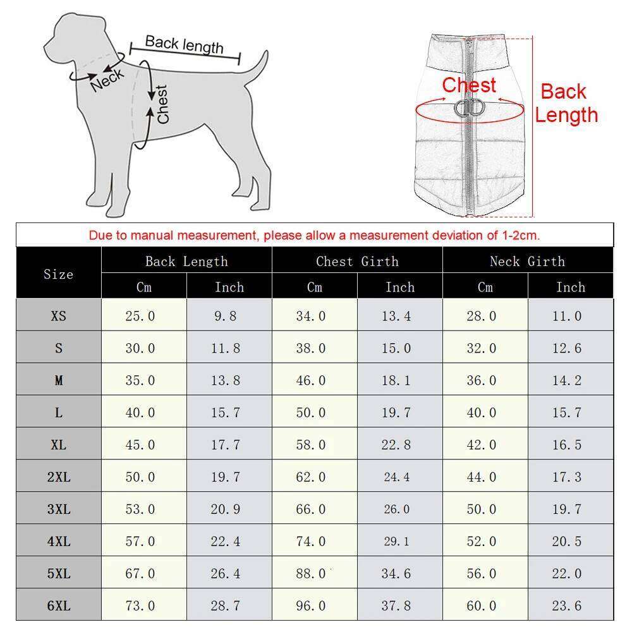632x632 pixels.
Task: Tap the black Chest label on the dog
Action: coord(162,104)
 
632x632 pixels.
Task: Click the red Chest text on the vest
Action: coord(468,85)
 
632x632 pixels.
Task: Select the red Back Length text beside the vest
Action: coord(566,103)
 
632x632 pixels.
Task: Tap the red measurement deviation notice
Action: coord(314,236)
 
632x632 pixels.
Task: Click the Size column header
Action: coord(58,274)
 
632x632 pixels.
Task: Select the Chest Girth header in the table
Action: coord(357,261)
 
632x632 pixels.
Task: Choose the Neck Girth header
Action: coord(527,261)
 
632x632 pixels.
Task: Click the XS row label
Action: coord(58,316)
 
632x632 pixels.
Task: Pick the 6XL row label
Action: coord(58,606)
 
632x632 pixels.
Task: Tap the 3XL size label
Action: coord(58,509)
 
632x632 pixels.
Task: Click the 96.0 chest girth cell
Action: coord(311,606)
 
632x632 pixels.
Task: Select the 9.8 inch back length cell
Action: coord(225,316)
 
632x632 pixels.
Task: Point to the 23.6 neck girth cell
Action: coord(566,606)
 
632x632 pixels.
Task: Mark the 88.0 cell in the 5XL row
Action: coord(311,574)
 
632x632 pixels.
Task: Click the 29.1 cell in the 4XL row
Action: coord(396,542)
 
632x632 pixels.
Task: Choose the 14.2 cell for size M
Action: coord(566,380)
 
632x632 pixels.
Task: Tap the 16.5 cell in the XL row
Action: coord(566,445)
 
